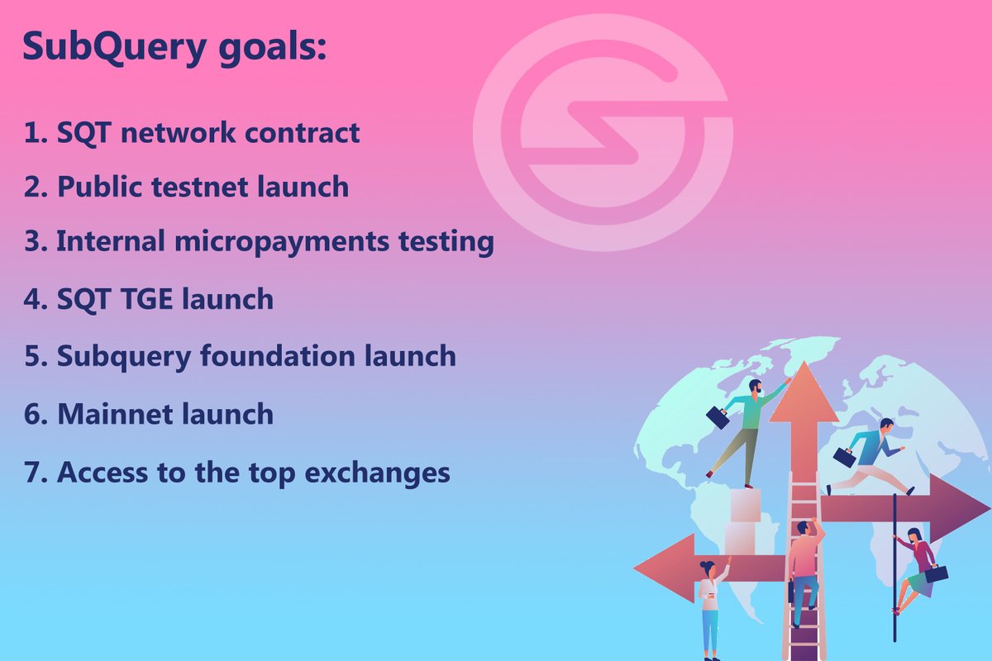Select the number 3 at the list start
coord(31,242)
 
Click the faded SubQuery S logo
coord(603,132)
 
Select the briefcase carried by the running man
coord(844,457)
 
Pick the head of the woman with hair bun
coord(708,568)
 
